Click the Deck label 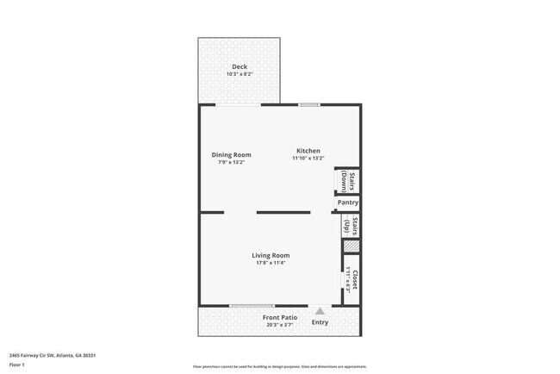point(240,66)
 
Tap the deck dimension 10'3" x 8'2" point(240,74)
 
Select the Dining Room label point(232,155)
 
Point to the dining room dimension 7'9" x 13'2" point(232,162)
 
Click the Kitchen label point(308,151)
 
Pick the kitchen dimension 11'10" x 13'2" point(308,159)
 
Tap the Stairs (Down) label point(347,181)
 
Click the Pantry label point(348,203)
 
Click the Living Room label point(271,255)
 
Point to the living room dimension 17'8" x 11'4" point(271,263)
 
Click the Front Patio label point(280,317)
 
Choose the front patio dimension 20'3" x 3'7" point(280,325)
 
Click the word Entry point(320,322)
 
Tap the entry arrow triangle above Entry point(320,311)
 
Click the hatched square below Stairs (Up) point(351,246)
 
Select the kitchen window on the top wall point(309,105)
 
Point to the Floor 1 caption point(18,365)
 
